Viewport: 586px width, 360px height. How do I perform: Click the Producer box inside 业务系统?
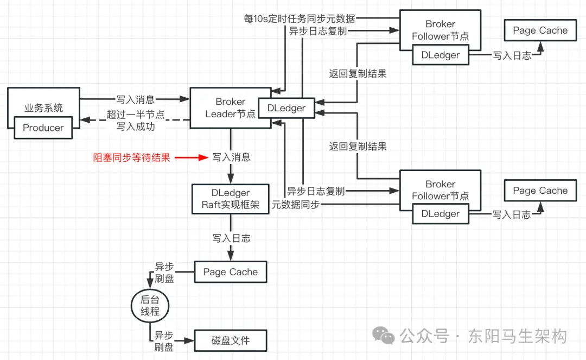pyautogui.click(x=43, y=128)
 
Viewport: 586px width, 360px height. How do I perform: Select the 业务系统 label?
pyautogui.click(x=43, y=108)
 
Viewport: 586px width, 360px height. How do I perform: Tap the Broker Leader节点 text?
pyautogui.click(x=230, y=108)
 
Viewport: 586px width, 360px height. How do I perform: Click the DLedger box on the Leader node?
pyautogui.click(x=286, y=108)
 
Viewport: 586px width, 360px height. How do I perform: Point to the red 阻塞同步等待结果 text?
pyautogui.click(x=132, y=158)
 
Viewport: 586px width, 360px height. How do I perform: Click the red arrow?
pyautogui.click(x=194, y=158)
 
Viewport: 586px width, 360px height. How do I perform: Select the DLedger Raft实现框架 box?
pyautogui.click(x=231, y=199)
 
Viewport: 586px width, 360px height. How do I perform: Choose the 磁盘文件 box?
pyautogui.click(x=231, y=341)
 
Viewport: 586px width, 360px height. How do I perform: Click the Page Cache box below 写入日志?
pyautogui.click(x=231, y=272)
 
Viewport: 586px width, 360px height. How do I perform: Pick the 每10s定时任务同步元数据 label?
pyautogui.click(x=300, y=19)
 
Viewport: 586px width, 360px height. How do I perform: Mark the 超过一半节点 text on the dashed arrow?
pyautogui.click(x=136, y=115)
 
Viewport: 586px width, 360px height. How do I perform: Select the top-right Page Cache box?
pyautogui.click(x=540, y=30)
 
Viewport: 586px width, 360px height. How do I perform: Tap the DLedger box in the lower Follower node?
pyautogui.click(x=440, y=214)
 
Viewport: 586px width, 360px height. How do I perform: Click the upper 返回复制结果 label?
pyautogui.click(x=358, y=73)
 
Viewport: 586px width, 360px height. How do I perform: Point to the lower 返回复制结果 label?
pyautogui.click(x=358, y=146)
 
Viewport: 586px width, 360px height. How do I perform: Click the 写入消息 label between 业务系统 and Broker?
pyautogui.click(x=136, y=99)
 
